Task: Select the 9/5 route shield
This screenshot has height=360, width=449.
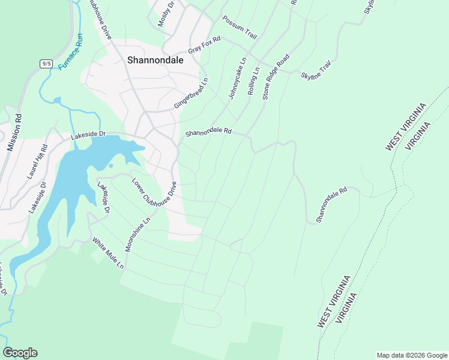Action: (46, 63)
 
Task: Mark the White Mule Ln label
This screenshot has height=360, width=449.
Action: (107, 253)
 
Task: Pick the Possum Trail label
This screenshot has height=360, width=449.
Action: (240, 28)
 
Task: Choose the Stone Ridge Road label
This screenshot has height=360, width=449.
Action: (276, 76)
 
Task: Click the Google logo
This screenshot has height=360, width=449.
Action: (20, 353)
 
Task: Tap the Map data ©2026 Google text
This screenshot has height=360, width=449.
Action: (411, 355)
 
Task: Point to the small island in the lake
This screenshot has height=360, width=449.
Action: (110, 166)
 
